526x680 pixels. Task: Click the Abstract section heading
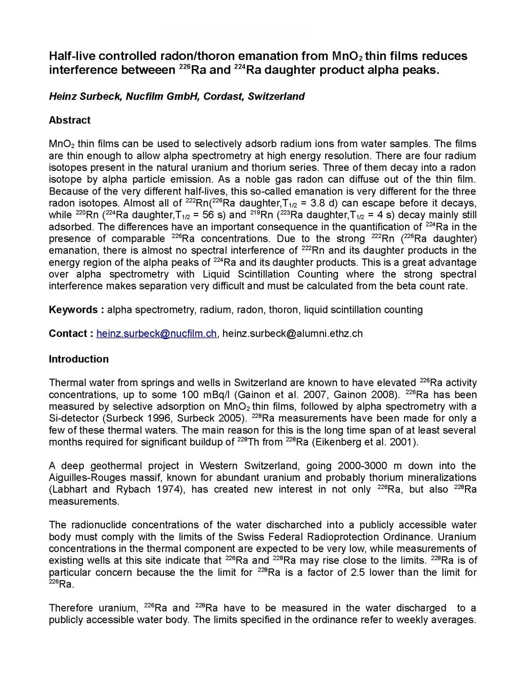69,120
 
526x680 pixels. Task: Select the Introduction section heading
78,359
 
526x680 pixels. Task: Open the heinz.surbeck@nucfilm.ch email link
156,333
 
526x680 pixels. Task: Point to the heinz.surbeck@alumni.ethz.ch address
292,333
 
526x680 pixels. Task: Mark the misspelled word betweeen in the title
141,70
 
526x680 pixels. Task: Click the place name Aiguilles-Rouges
86,478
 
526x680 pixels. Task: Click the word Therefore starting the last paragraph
71,608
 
